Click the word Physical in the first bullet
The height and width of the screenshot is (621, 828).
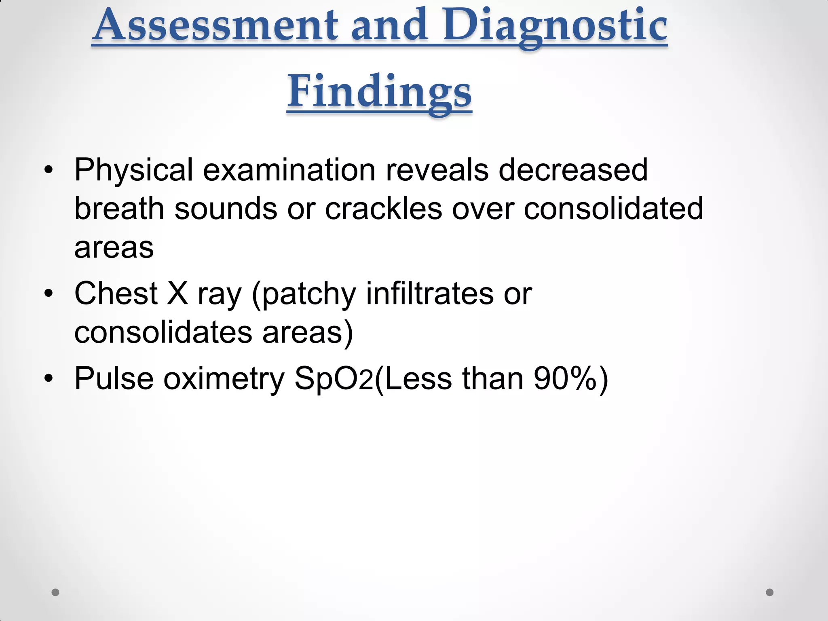coord(134,170)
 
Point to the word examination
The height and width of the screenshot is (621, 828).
coord(289,170)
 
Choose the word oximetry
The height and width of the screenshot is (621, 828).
coord(224,379)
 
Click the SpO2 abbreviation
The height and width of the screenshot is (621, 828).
coord(334,379)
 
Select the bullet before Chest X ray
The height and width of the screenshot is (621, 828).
coord(49,294)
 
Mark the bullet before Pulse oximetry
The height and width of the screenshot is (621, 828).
coord(49,379)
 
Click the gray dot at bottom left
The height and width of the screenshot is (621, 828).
coord(55,592)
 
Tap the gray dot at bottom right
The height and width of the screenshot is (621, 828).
coord(769,592)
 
